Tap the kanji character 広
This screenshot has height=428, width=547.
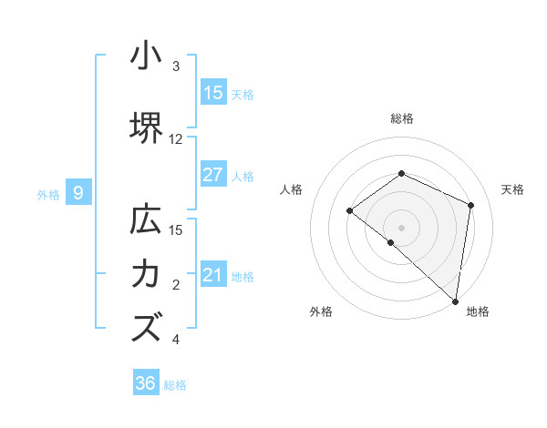click(x=146, y=221)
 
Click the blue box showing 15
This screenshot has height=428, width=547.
click(x=213, y=93)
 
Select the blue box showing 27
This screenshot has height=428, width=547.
click(x=213, y=175)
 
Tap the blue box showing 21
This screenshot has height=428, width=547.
click(x=213, y=275)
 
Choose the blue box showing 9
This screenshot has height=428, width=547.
click(x=78, y=193)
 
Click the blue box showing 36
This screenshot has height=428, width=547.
click(x=146, y=383)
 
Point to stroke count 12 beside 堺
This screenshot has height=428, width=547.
click(x=176, y=139)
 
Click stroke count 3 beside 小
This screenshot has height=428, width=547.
click(x=176, y=66)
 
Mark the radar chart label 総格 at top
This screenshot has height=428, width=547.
click(x=402, y=118)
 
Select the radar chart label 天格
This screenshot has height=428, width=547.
click(x=512, y=189)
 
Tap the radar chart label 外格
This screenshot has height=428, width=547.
click(x=321, y=311)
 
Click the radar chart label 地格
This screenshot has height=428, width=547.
click(x=478, y=311)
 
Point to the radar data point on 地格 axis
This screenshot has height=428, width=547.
click(x=456, y=301)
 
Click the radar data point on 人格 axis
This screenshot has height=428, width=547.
click(x=350, y=211)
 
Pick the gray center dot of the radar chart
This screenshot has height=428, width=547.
click(x=401, y=227)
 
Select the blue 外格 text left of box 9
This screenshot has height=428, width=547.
click(x=48, y=194)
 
